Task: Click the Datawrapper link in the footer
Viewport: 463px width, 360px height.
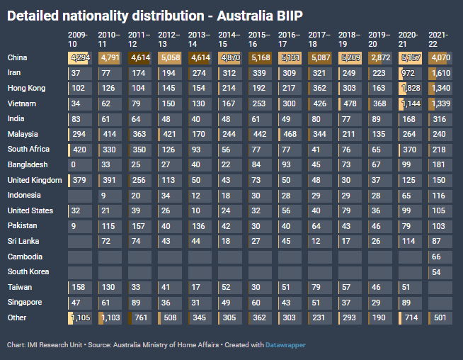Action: coord(285,345)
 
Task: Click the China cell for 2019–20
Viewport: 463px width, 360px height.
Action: coord(380,57)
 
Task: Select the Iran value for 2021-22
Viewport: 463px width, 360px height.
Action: coord(440,73)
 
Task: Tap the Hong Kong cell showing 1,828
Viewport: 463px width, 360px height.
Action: coord(410,89)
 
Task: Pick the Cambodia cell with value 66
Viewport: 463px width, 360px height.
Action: coord(440,257)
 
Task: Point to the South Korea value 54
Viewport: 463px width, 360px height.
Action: coord(440,272)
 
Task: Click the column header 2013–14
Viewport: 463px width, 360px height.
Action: coord(199,39)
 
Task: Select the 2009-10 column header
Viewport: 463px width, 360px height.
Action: coord(78,39)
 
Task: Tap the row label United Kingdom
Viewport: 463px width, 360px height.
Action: coord(35,180)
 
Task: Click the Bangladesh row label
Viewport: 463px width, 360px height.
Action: coord(28,164)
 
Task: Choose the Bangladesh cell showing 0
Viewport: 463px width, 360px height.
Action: coord(80,165)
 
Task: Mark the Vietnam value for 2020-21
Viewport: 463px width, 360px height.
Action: coord(410,103)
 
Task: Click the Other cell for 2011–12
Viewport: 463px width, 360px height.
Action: coord(140,317)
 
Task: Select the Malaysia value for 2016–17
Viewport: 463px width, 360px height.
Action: coord(290,135)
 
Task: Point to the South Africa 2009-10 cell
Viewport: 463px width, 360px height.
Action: coord(80,150)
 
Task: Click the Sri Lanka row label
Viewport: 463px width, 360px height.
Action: coord(23,241)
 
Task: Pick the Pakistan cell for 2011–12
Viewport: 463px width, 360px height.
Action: coord(140,226)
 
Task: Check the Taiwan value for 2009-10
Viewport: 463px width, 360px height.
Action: coord(80,287)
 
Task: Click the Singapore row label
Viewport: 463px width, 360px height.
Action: coord(25,303)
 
